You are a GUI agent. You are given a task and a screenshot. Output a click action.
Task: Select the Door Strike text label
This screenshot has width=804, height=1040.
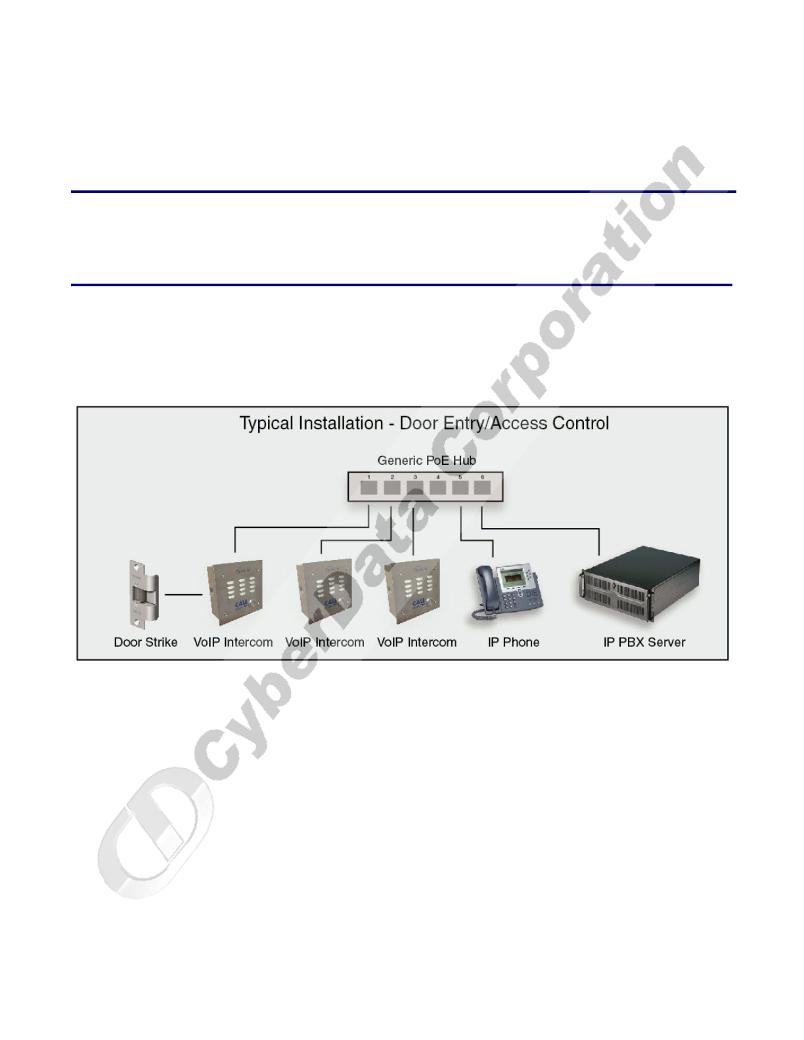tap(145, 642)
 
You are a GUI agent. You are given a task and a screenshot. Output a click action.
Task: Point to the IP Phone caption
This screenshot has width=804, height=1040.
tap(513, 642)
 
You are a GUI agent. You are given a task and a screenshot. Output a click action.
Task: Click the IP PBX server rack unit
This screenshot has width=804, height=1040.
tap(638, 590)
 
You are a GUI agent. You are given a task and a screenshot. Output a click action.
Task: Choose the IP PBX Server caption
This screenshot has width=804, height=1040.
tap(644, 642)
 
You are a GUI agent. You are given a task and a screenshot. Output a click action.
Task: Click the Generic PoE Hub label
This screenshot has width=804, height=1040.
tap(426, 460)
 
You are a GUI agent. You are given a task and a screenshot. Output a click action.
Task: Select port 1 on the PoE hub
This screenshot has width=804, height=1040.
tap(368, 488)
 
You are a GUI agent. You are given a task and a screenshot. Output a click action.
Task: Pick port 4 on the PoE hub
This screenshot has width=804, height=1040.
tap(437, 488)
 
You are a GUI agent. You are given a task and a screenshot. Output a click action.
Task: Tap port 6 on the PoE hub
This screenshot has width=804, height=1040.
tap(483, 488)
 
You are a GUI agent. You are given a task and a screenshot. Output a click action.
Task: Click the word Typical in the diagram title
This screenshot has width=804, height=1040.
tap(265, 423)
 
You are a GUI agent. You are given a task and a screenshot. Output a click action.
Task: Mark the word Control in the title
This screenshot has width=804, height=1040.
tap(581, 423)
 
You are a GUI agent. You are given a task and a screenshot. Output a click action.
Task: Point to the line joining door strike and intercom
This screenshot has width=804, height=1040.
tap(183, 595)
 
